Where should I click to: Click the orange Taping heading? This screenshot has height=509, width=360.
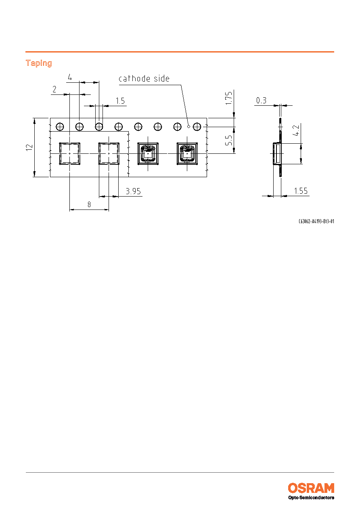coord(39,63)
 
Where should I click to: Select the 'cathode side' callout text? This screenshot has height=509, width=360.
coord(144,79)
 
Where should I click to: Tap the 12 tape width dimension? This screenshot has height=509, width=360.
coord(29,147)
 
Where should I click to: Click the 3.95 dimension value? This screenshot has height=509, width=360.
coord(133,191)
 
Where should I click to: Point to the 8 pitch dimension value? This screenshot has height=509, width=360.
coord(89,205)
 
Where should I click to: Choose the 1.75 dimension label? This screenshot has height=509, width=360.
coord(229,98)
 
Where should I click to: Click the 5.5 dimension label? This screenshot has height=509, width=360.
coord(229,140)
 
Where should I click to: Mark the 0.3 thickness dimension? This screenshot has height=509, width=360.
coord(261,100)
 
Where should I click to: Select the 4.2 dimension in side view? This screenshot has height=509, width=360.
coord(296,130)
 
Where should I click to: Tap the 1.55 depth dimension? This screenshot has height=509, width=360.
coord(301,191)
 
